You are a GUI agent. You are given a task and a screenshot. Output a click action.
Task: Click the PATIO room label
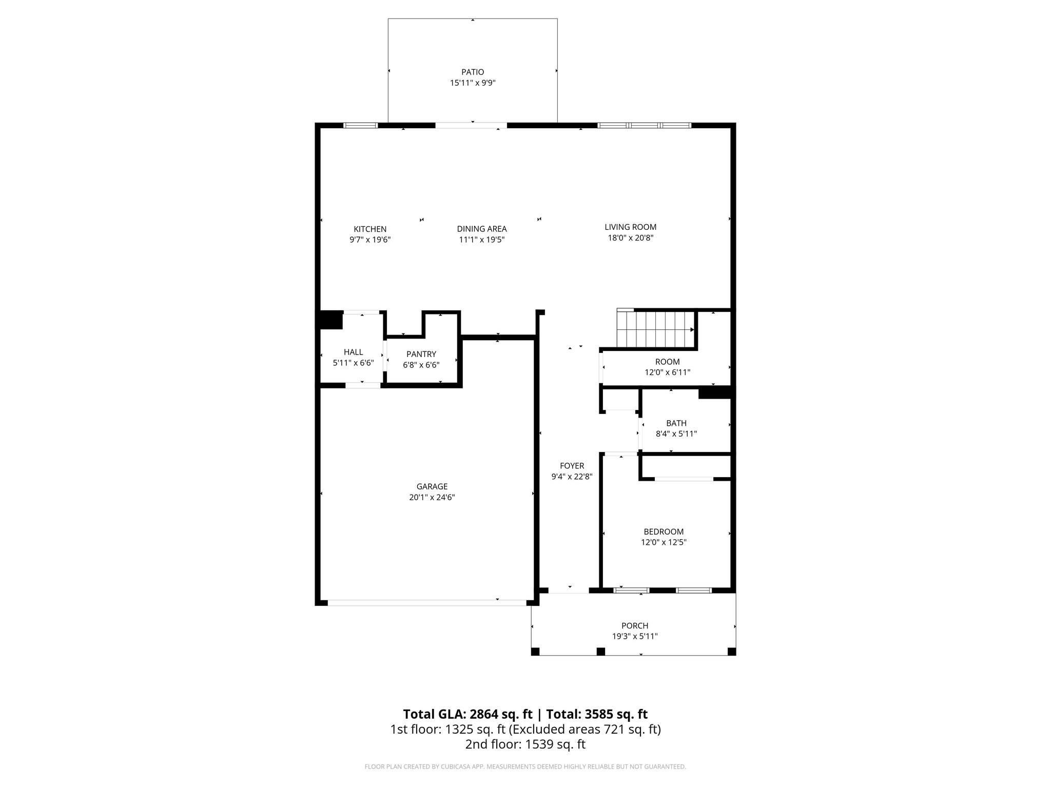pos(472,72)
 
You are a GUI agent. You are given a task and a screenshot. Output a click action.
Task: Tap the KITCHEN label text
pos(370,229)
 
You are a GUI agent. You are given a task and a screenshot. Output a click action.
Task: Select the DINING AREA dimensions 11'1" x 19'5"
pos(481,240)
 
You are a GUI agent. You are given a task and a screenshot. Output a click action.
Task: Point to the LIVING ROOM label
pos(630,227)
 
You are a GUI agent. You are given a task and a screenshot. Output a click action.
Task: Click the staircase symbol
pos(656,329)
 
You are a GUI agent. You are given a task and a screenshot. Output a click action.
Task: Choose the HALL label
pos(353,352)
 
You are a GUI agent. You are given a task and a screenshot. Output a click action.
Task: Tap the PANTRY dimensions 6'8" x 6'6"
pos(421,365)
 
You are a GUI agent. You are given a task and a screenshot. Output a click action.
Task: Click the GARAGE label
pos(432,486)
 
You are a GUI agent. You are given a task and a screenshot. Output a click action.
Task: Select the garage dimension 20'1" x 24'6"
pos(432,497)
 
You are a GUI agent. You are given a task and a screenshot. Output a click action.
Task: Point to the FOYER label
pos(572,466)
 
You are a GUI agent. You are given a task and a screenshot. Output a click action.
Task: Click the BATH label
pos(676,423)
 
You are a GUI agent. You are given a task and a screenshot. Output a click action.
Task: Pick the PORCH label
pos(634,626)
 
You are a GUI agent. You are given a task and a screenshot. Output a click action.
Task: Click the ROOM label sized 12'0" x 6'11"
pos(667,362)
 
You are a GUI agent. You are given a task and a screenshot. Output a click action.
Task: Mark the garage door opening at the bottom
pos(427,603)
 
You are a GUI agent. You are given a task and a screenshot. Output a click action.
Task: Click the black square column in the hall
pos(330,320)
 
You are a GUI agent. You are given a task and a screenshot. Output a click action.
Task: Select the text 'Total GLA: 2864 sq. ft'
pos(468,714)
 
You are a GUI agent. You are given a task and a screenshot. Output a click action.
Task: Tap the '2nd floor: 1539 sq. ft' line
pos(525,744)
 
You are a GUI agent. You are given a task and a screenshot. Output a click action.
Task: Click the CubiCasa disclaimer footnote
pos(525,767)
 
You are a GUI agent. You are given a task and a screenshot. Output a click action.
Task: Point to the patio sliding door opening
pos(471,125)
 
